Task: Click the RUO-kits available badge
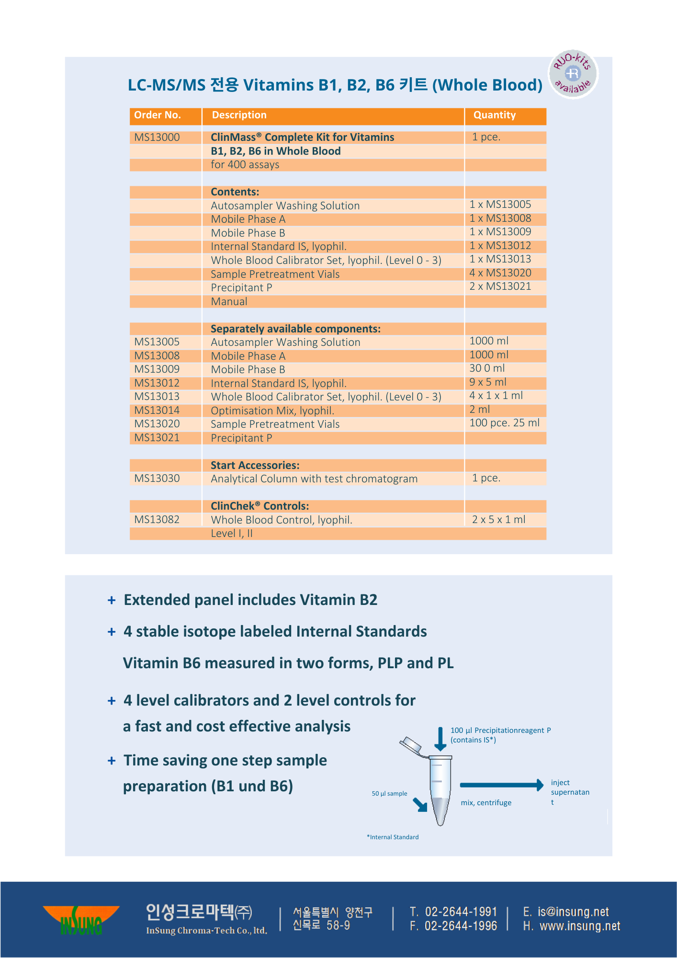[x=573, y=74]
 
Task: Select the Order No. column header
[x=158, y=115]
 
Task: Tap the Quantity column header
[x=495, y=115]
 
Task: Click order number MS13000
[x=157, y=137]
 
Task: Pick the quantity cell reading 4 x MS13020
[x=500, y=273]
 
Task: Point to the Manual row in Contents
[x=229, y=302]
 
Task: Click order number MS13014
[x=157, y=411]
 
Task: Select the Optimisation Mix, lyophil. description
[x=272, y=411]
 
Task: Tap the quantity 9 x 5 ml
[x=488, y=382]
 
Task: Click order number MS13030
[x=157, y=479]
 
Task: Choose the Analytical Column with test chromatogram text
[x=314, y=479]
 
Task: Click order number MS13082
[x=157, y=520]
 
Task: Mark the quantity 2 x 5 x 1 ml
[x=498, y=520]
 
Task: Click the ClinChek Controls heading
[x=260, y=506]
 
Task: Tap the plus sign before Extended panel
[x=112, y=600]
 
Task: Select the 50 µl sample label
[x=389, y=794]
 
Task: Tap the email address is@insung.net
[x=573, y=912]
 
